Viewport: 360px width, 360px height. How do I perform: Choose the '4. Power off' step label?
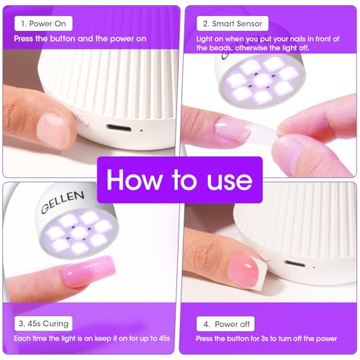[228, 324]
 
